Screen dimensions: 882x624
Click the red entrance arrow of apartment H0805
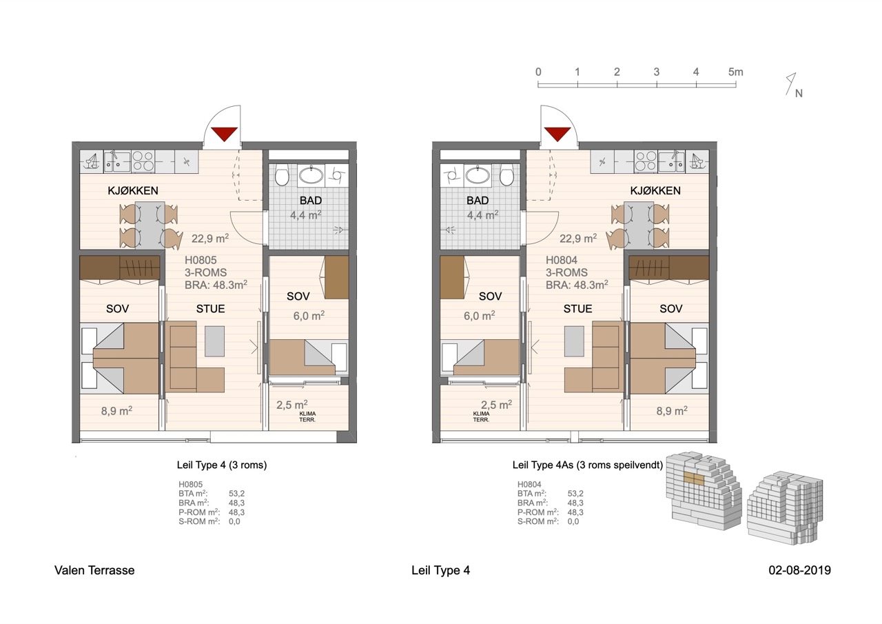click(225, 134)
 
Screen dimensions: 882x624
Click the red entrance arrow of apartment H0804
click(557, 134)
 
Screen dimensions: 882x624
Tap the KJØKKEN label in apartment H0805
click(133, 191)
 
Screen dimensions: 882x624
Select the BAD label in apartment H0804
click(478, 201)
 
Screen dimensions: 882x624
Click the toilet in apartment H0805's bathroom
click(282, 176)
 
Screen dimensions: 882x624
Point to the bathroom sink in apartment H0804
click(478, 175)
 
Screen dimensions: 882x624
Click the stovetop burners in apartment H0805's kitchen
click(143, 161)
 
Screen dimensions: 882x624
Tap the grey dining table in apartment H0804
click(639, 225)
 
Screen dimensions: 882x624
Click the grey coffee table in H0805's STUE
click(214, 341)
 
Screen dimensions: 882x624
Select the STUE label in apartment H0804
click(577, 308)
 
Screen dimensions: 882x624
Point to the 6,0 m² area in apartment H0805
click(309, 315)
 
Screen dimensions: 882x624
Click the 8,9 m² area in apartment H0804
click(672, 411)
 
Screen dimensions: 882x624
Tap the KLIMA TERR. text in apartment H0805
click(307, 416)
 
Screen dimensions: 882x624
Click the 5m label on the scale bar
click(735, 72)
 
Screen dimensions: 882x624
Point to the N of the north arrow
click(799, 93)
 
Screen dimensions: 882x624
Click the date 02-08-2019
click(800, 570)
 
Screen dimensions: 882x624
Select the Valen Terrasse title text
click(94, 570)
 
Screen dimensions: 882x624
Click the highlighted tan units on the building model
click(693, 478)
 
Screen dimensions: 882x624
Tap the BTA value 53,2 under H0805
click(236, 494)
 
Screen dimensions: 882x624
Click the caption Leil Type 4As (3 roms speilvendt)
click(588, 465)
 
